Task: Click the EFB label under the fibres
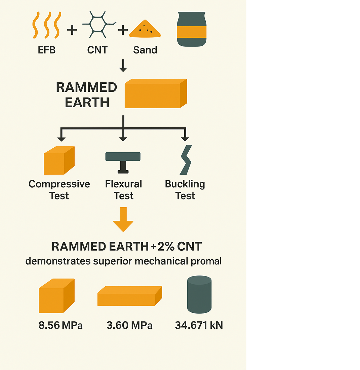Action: (46, 50)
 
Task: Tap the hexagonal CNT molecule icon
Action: (97, 25)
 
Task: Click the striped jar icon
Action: (192, 29)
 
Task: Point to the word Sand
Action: (145, 50)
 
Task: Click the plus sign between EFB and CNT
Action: (72, 30)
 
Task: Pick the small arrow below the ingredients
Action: (123, 65)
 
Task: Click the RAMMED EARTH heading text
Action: (86, 95)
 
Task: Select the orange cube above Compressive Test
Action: (59, 160)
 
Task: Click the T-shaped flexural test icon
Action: (123, 161)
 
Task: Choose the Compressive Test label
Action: (59, 190)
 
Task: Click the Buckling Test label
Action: (185, 190)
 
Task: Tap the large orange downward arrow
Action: (123, 219)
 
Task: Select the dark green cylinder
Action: (199, 294)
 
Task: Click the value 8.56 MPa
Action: (61, 325)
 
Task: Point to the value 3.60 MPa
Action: (129, 325)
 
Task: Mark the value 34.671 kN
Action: (199, 325)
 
